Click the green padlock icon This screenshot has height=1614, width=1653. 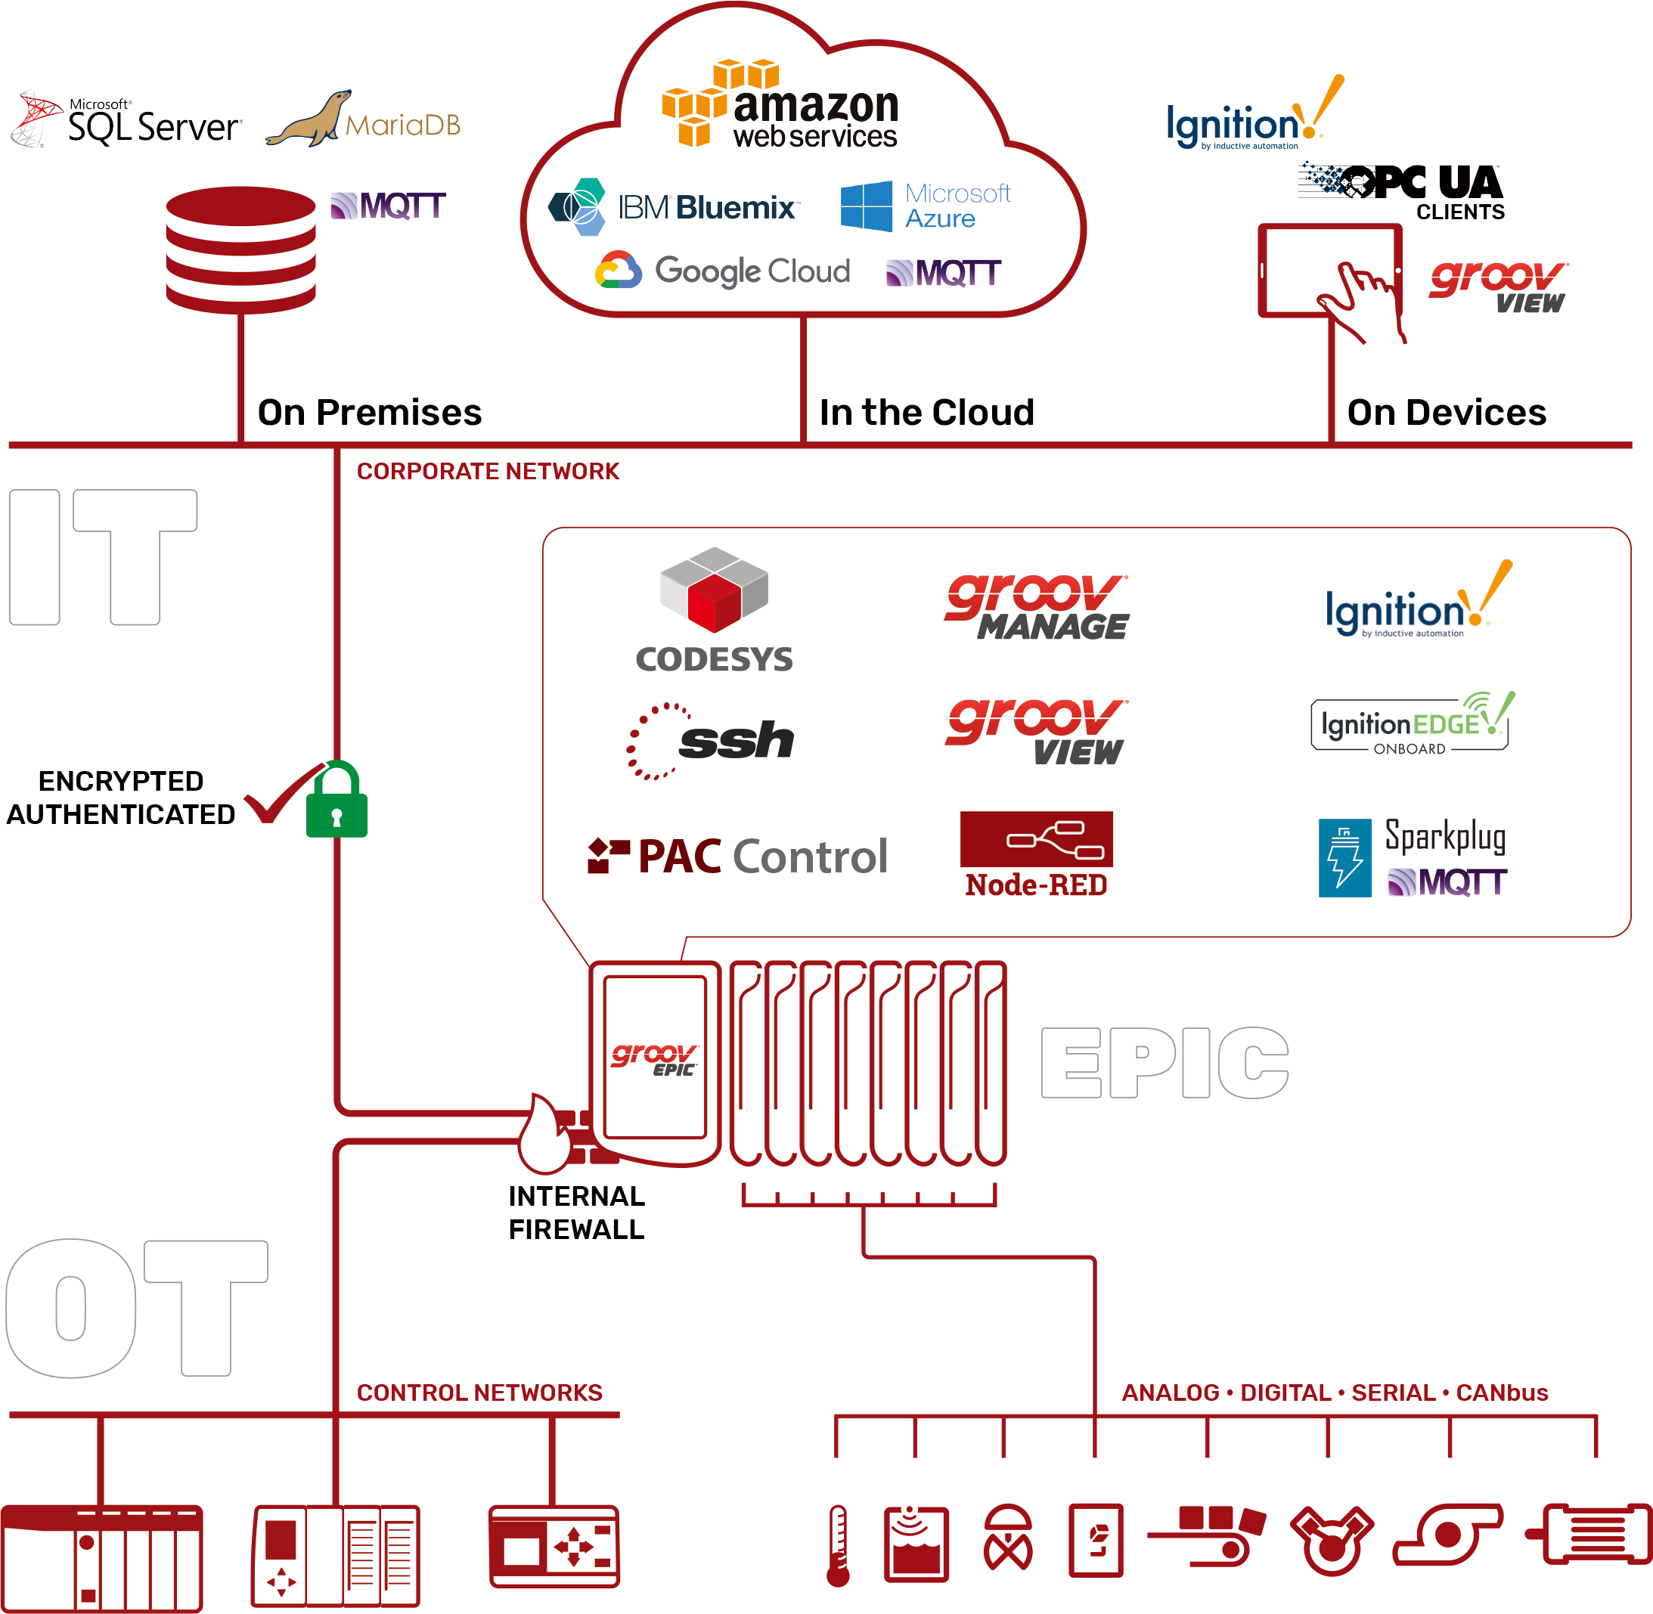click(336, 801)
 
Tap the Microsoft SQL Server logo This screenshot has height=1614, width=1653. click(127, 120)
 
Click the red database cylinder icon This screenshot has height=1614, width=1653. click(241, 249)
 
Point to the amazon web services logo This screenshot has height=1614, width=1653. click(780, 105)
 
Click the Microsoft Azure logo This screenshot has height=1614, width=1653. click(926, 206)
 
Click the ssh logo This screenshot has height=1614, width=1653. click(711, 741)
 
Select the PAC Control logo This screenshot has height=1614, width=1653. click(738, 857)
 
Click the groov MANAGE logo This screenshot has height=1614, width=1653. click(1037, 607)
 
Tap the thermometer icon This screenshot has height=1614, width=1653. click(838, 1544)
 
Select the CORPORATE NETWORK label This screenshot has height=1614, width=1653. click(488, 471)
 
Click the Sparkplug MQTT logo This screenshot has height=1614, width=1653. click(1412, 858)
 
